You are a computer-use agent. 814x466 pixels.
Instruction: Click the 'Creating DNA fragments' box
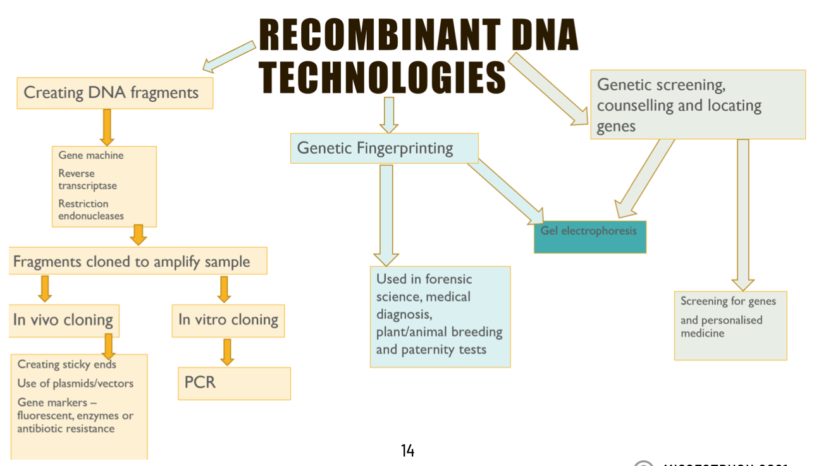(x=114, y=93)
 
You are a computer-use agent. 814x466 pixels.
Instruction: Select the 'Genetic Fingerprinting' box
(x=384, y=149)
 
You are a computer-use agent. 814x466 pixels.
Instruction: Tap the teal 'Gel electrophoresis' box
(x=589, y=236)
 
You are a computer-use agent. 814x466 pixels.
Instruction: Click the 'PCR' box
(x=234, y=383)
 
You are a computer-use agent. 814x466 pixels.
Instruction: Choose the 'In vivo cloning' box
(x=64, y=320)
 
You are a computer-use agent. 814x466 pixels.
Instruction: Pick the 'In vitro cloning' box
(x=228, y=320)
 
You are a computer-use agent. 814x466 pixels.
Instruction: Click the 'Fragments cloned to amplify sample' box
(x=138, y=261)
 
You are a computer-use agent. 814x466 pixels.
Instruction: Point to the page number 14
(x=407, y=451)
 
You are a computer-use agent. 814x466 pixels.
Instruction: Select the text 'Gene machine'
(x=91, y=156)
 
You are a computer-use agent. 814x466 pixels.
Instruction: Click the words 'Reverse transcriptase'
(x=87, y=180)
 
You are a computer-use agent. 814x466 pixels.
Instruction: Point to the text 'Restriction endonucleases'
(x=91, y=210)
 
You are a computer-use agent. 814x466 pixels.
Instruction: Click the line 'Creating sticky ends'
(x=66, y=364)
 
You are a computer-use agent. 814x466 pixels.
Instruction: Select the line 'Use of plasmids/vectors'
(x=75, y=383)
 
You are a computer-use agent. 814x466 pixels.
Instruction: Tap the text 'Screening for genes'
(x=728, y=301)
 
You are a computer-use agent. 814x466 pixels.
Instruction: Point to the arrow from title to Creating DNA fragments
(x=229, y=56)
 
